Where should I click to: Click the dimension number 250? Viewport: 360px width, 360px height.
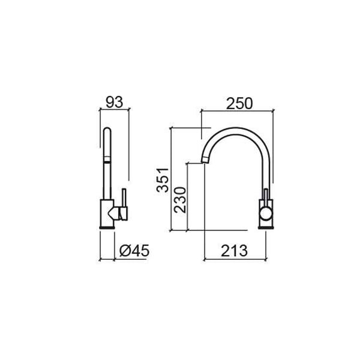pos(239,103)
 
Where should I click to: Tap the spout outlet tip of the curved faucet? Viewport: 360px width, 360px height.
pos(204,161)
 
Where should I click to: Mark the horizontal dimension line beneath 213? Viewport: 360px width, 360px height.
pos(234,260)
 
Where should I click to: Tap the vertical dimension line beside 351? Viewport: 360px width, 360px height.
pos(172,180)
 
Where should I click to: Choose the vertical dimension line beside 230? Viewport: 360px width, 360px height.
pos(188,198)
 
